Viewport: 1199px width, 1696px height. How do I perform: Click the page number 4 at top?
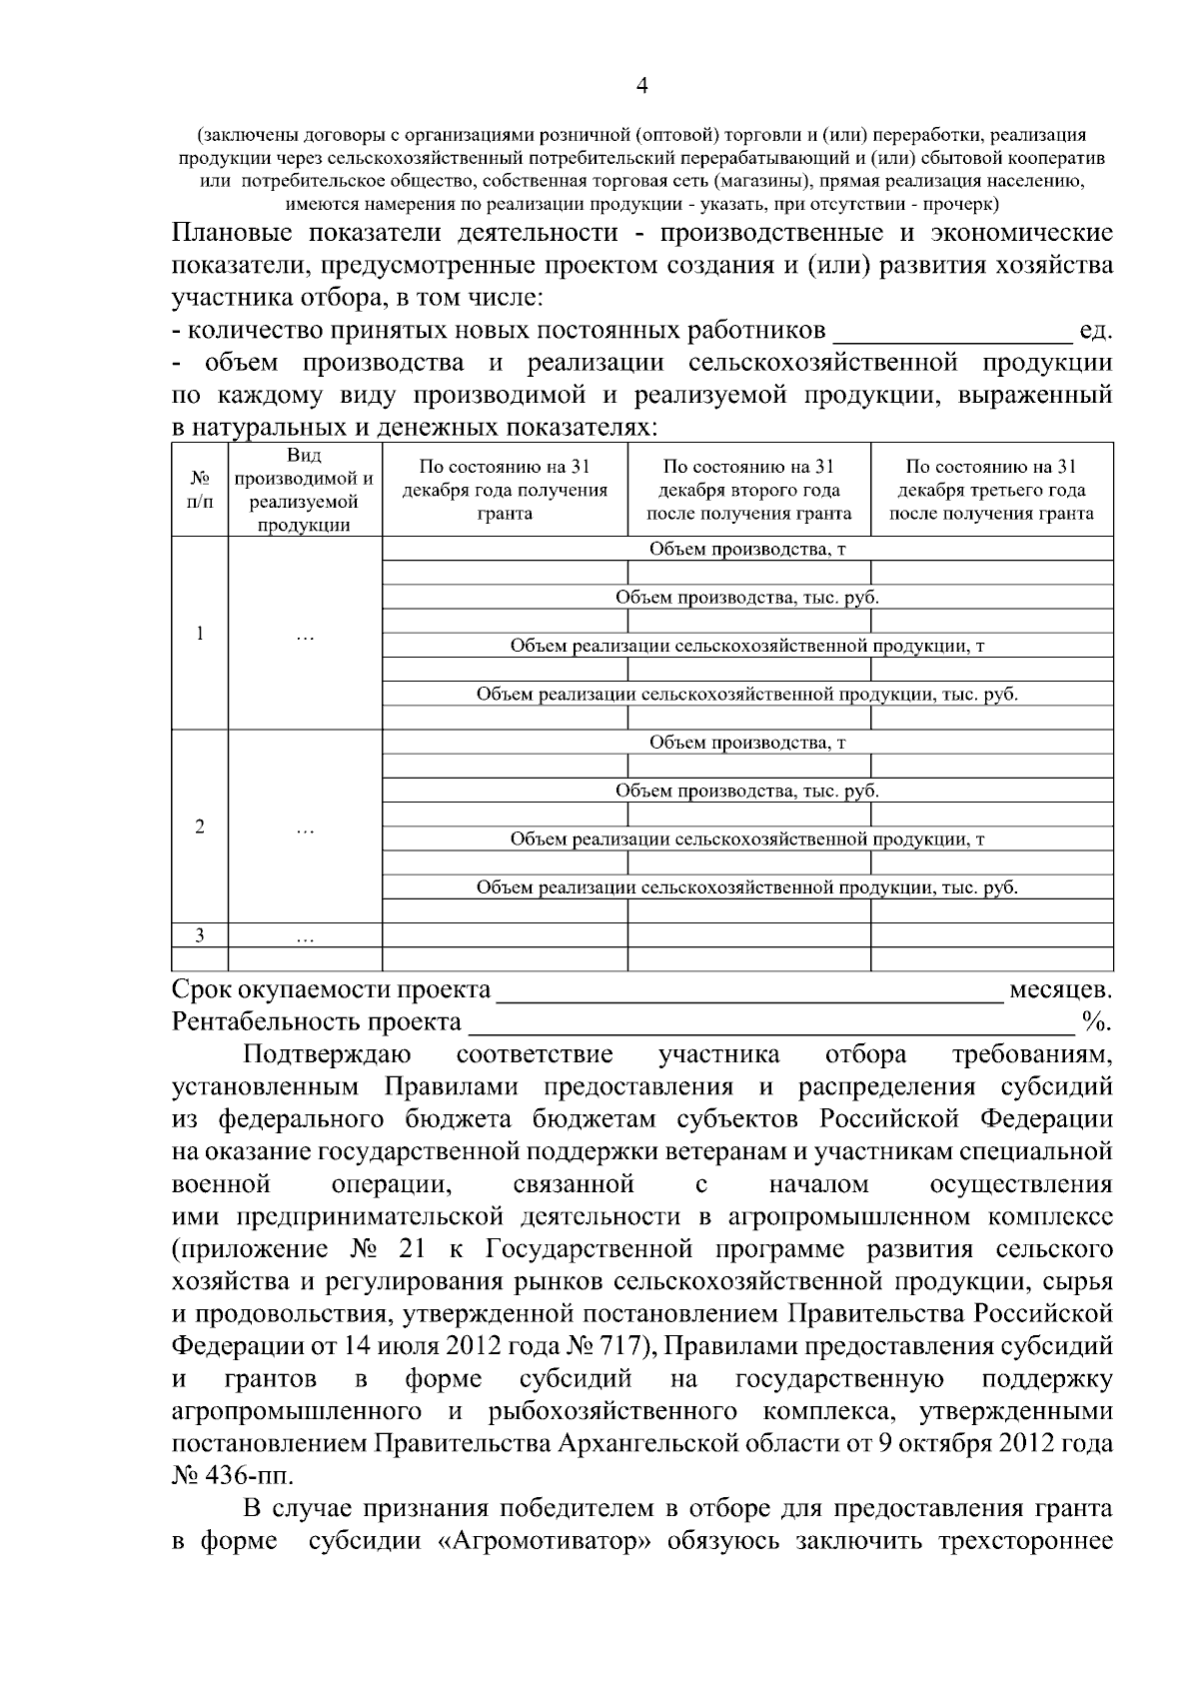[642, 87]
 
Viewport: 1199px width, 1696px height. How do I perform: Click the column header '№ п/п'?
[200, 490]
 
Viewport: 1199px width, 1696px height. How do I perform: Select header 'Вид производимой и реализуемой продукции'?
[306, 490]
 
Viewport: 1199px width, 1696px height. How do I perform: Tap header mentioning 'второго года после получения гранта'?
[748, 490]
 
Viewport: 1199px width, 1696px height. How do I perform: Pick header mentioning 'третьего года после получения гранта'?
[991, 490]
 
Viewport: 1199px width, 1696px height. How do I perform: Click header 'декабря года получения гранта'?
[505, 490]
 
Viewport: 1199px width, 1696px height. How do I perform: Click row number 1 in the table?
[200, 634]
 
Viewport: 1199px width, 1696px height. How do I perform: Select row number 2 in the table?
[200, 827]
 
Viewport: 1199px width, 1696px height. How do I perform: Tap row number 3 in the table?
[200, 935]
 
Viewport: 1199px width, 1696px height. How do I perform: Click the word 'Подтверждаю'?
[326, 1054]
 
